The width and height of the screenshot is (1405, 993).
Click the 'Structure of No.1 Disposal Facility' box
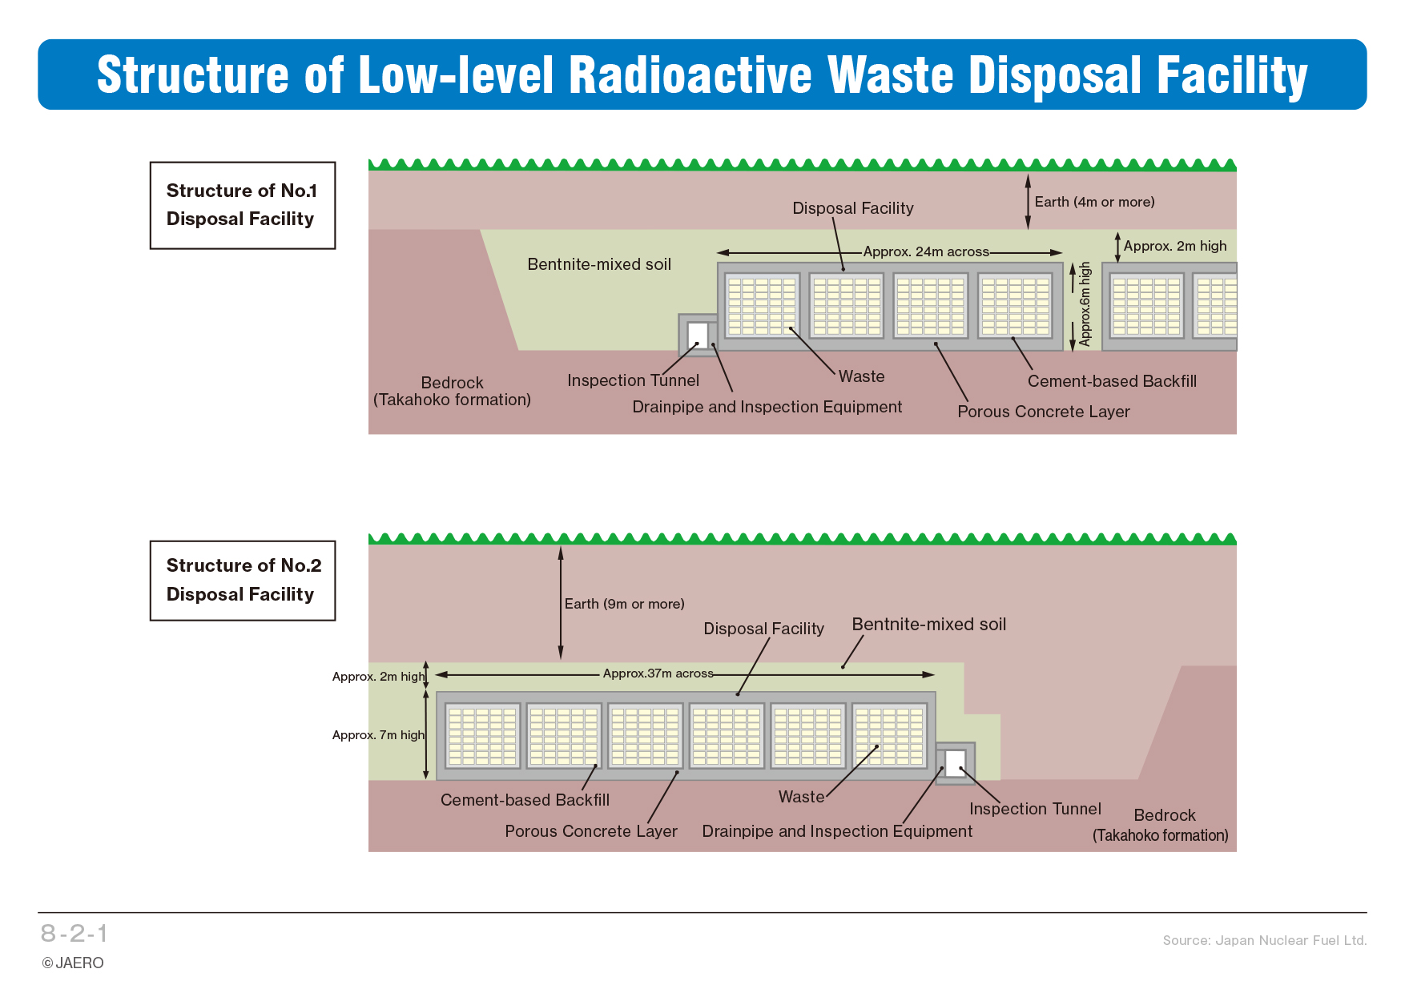(242, 205)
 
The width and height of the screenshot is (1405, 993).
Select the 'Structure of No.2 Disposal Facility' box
(242, 580)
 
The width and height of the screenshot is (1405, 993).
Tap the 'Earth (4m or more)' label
(1094, 202)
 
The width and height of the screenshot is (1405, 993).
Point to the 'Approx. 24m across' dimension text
(926, 251)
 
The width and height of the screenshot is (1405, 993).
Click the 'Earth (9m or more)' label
(624, 604)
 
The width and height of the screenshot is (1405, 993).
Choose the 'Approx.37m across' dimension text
(658, 673)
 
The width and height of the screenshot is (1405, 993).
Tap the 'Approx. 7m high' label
(378, 735)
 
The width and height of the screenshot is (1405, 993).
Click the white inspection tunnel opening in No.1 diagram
(698, 335)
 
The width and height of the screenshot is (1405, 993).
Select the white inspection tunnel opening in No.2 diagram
(955, 763)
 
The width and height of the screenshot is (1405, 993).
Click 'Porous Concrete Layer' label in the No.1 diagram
(1044, 412)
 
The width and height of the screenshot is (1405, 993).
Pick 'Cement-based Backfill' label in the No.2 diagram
(525, 800)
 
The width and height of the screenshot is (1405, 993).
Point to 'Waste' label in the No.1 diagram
(862, 376)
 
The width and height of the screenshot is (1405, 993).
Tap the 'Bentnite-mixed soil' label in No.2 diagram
(929, 625)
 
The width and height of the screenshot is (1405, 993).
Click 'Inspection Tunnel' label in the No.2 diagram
(1035, 809)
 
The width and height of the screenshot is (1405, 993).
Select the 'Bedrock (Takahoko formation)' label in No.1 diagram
(452, 391)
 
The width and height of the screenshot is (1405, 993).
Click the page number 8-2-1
(74, 933)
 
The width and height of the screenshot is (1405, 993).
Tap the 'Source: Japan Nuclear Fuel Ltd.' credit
(1265, 940)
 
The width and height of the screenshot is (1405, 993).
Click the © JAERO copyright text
(73, 963)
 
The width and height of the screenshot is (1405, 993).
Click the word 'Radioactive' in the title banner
(690, 75)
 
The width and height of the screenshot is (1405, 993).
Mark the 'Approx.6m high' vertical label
(1085, 304)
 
